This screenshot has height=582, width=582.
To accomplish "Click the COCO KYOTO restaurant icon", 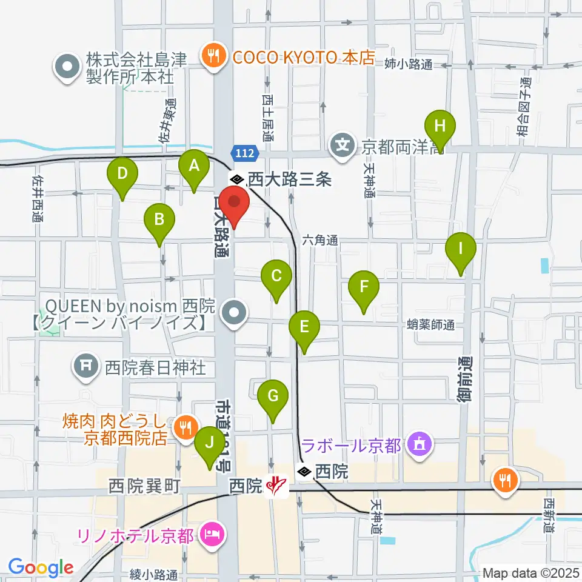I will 212,58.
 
